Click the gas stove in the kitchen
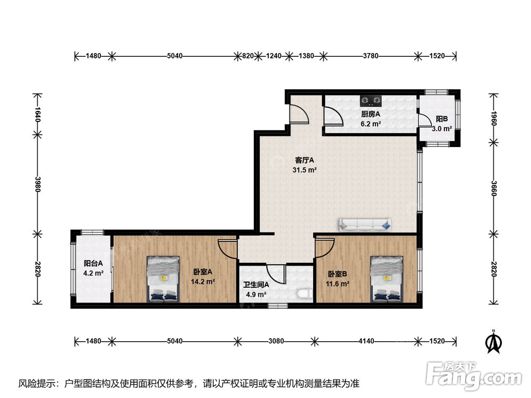coord(371,100)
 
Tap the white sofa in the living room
coord(365,224)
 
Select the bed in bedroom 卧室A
coord(163,279)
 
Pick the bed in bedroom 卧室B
coord(387,279)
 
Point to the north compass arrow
coord(494,342)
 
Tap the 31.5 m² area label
coord(304,170)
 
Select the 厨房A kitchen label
coord(371,115)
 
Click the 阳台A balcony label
coord(93,263)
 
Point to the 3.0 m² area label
coord(442,128)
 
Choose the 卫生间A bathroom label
coord(256,285)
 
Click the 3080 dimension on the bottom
coord(276,341)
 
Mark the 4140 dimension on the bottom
coord(366,341)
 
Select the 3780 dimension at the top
coord(371,56)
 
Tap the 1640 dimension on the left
coord(37,115)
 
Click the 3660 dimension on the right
coord(494,188)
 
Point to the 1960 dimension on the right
coord(494,118)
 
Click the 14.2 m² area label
coord(202,282)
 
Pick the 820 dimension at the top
coord(248,56)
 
